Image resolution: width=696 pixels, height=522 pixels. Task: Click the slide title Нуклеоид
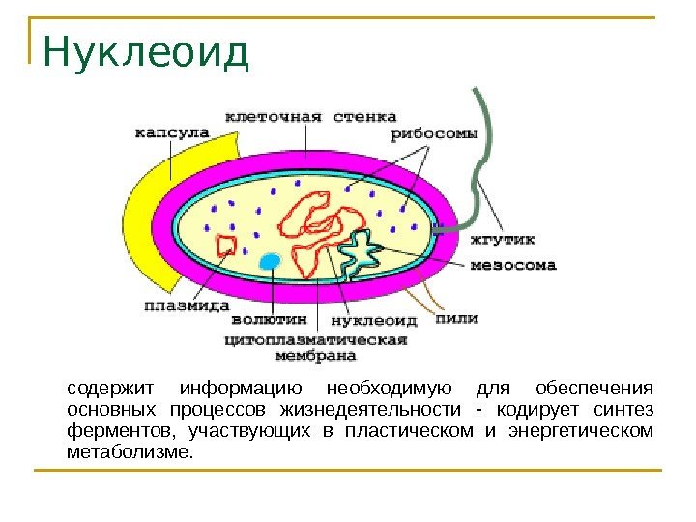[x=146, y=54]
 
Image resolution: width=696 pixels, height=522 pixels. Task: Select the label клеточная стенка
[x=311, y=117]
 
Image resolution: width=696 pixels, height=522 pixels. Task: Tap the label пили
[x=457, y=318]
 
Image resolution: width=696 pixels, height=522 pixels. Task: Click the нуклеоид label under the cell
[x=375, y=319]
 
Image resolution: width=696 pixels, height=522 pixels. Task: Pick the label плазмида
[x=184, y=306]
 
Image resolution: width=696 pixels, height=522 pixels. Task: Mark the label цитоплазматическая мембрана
[x=316, y=347]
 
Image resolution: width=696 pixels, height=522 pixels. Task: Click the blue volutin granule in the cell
[x=271, y=261]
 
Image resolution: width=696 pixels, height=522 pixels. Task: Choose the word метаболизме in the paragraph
[x=130, y=451]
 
